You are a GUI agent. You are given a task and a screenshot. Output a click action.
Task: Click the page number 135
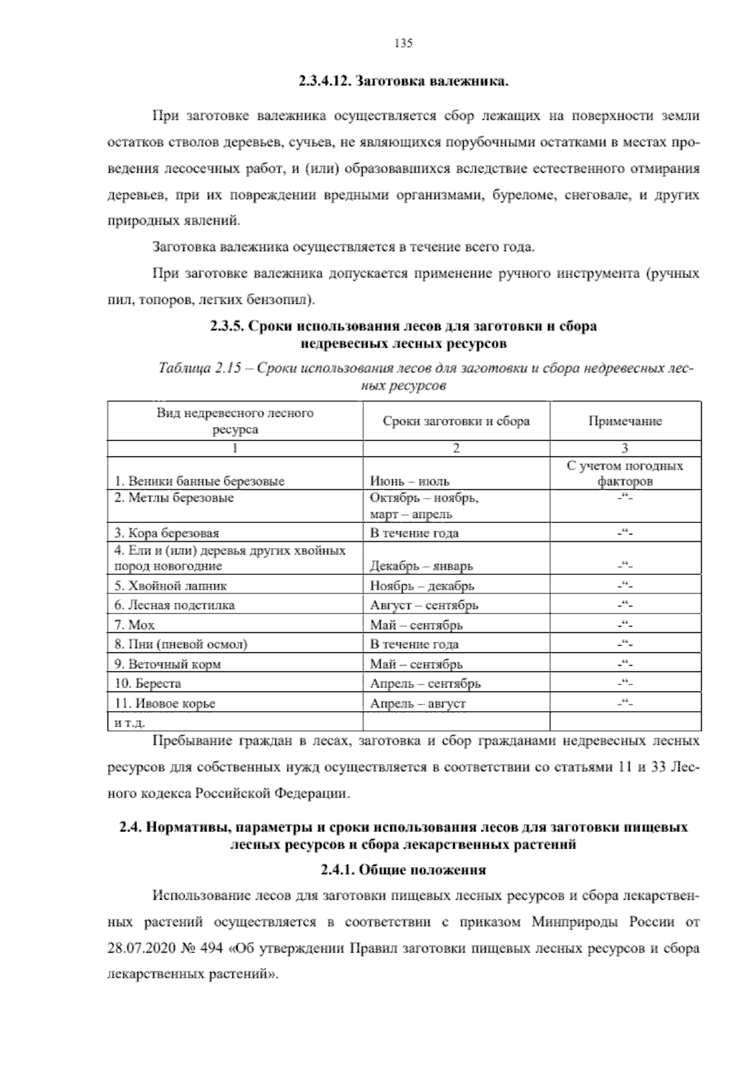tap(403, 43)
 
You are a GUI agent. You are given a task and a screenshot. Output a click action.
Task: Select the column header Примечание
tap(625, 421)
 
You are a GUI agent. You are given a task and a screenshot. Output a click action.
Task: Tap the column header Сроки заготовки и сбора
tap(456, 421)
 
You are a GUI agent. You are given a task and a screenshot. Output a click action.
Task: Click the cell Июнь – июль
tap(410, 482)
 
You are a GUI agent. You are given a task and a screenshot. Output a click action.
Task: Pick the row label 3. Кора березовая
tap(167, 533)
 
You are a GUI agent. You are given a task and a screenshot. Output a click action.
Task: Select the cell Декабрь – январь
tap(422, 566)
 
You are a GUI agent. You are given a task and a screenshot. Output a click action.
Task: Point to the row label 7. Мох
tap(134, 625)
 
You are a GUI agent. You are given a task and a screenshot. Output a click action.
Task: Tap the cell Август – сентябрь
tap(424, 605)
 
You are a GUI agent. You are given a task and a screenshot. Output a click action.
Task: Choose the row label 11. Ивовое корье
tap(165, 703)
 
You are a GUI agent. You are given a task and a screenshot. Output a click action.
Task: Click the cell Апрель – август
tap(418, 703)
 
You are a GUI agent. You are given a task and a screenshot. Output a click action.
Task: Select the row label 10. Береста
tap(148, 684)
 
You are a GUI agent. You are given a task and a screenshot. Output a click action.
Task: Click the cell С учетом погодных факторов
tap(625, 474)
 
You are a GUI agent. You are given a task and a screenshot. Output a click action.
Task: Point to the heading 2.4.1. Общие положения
tap(403, 870)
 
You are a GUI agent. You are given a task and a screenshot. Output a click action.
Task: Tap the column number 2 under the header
tap(456, 448)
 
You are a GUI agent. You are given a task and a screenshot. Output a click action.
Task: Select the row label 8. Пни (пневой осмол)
tap(181, 644)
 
